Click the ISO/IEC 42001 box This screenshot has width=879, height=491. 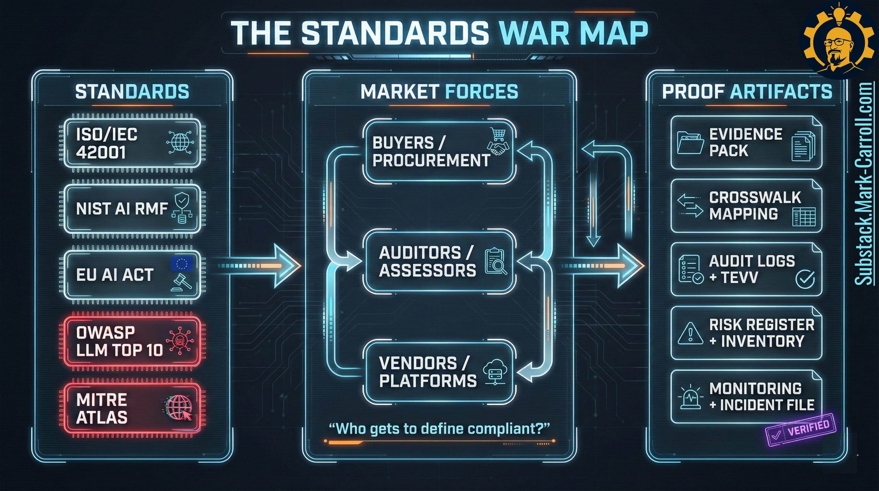pos(132,143)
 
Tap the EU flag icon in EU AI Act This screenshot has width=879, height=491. pos(181,263)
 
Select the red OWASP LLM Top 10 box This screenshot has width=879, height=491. pos(132,341)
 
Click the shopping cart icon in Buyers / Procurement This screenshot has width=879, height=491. pos(498,134)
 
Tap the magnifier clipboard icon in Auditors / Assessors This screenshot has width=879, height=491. pos(495,261)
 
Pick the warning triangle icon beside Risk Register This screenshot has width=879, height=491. pos(690,333)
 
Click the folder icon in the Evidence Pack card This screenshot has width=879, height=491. pos(690,142)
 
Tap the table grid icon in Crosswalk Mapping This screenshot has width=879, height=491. pos(804,216)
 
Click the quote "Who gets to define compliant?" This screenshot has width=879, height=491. pos(439,429)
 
